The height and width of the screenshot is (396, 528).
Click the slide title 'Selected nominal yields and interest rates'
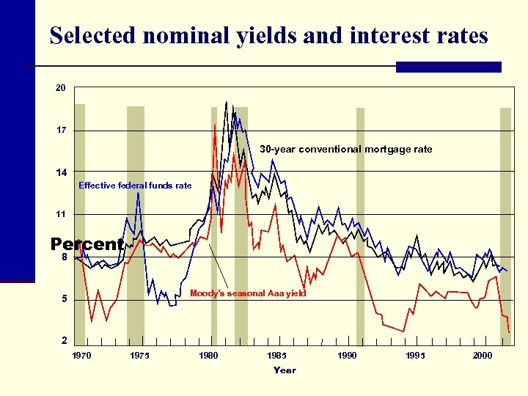[x=268, y=35]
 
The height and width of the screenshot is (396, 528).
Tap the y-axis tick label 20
[x=61, y=88]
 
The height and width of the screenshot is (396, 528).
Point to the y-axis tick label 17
[x=61, y=131]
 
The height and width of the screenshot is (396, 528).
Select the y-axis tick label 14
[x=61, y=172]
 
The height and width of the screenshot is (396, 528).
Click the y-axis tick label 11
[x=61, y=215]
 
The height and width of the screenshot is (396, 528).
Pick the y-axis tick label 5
[x=63, y=299]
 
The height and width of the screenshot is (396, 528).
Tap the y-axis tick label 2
[x=63, y=341]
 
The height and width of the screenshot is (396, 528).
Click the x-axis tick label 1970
[x=82, y=356]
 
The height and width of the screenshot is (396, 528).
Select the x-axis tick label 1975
[x=139, y=356]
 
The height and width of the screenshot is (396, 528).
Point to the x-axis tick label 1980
[x=208, y=356]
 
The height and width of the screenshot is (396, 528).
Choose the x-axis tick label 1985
[x=276, y=356]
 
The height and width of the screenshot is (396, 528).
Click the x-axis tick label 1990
[x=347, y=356]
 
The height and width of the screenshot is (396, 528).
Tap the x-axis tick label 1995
[x=415, y=356]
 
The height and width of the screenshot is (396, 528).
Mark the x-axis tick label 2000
[x=483, y=356]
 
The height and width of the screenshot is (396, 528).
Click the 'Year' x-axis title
[x=285, y=370]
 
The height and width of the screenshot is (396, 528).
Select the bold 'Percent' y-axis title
[x=87, y=244]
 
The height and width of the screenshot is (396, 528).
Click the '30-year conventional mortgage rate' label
[x=345, y=149]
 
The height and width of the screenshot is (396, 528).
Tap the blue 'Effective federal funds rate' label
[x=135, y=186]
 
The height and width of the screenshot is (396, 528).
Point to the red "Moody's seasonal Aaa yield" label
[x=248, y=293]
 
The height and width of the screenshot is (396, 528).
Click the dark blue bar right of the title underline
[x=448, y=67]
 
